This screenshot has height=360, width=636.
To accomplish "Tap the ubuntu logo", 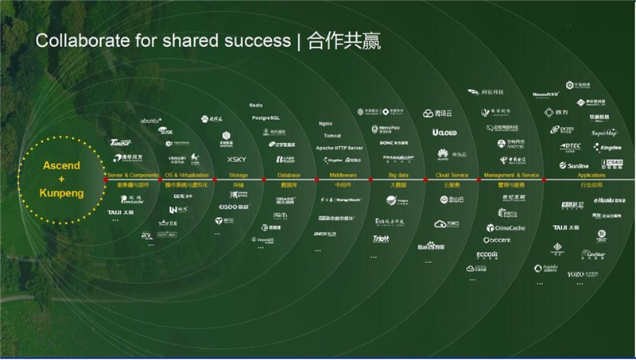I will [150, 120].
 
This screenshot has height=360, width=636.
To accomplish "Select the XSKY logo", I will [237, 160].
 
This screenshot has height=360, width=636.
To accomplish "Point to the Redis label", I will [255, 105].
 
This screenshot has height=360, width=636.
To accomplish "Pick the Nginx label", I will [324, 124].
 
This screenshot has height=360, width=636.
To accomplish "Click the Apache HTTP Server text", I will [339, 149].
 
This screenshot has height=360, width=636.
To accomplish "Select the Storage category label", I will [238, 175].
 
